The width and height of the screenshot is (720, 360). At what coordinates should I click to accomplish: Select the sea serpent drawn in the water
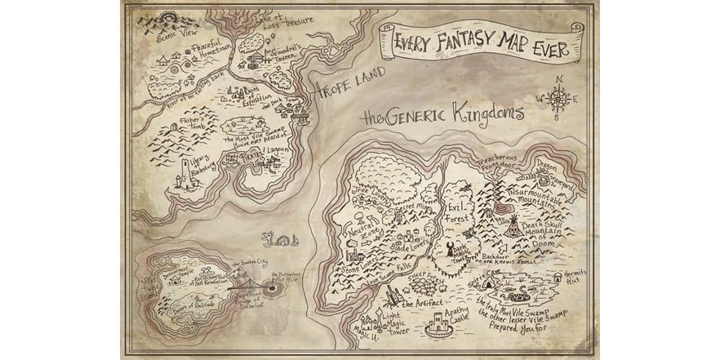pyautogui.click(x=278, y=240)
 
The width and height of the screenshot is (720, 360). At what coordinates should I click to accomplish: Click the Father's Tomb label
pyautogui.click(x=196, y=124)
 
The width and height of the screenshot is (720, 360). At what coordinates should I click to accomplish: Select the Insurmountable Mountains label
pyautogui.click(x=542, y=195)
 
